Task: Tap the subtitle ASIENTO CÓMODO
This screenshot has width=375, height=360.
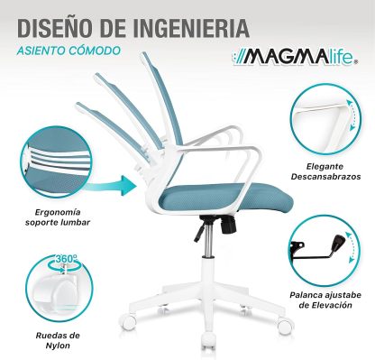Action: coord(67,50)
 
